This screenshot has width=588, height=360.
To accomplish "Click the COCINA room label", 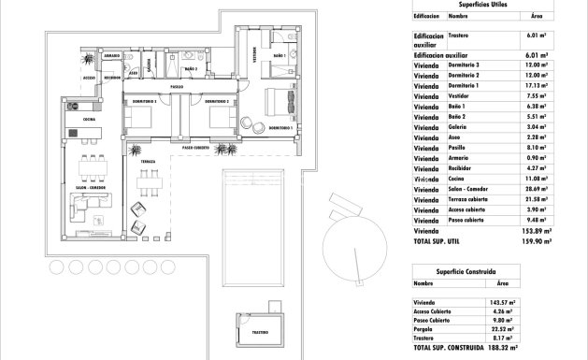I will coord(89,120).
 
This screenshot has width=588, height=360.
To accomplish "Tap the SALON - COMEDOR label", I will coord(91,187).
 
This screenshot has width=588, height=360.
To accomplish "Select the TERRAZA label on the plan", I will coord(148,162).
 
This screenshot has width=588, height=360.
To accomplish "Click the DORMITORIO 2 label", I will coord(216,101).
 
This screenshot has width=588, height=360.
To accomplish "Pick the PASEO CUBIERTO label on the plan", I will coord(201,148).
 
